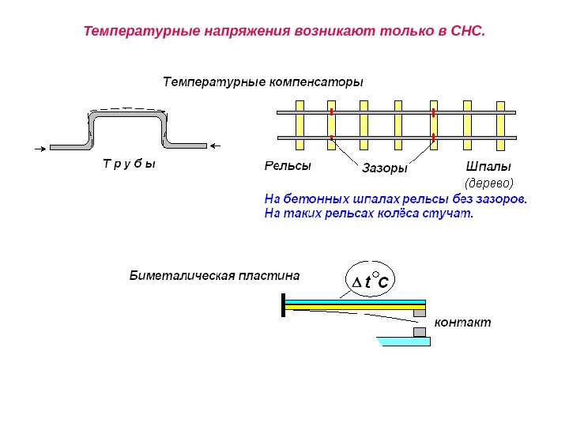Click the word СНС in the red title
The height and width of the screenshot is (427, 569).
coord(466,32)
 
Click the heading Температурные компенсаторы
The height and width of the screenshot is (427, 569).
coord(262,81)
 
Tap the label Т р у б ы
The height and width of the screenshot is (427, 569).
coord(129,164)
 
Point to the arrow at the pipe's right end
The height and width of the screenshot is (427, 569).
coord(220,145)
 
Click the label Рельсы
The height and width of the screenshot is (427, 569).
coord(287,167)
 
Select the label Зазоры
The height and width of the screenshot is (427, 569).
coord(385,168)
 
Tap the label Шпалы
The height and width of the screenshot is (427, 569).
coord(489,167)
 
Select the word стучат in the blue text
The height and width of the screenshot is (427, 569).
coord(447,213)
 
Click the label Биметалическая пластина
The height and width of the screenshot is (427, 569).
coord(214,276)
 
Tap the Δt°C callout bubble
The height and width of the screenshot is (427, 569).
coord(372,279)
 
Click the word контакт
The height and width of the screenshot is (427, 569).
coord(462,323)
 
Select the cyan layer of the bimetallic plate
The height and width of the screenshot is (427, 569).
coord(356,301)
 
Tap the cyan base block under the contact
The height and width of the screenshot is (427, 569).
coord(405,342)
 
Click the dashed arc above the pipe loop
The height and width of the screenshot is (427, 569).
coord(126,108)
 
